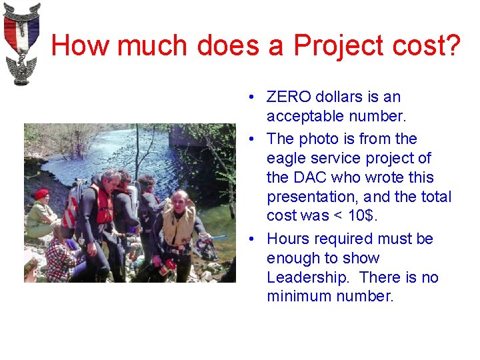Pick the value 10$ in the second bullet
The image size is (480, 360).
tap(363, 215)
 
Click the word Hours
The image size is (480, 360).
tap(287, 239)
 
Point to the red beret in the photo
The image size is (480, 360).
tap(41, 193)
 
